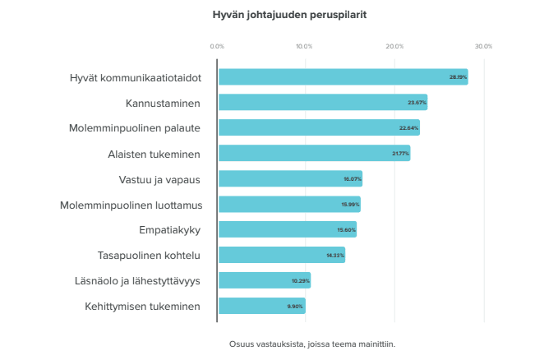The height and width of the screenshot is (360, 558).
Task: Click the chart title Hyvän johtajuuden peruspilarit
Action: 279,15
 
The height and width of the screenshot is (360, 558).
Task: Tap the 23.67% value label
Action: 417,103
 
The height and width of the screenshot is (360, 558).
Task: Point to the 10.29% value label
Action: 301,280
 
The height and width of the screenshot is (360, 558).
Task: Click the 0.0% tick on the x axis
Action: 217,47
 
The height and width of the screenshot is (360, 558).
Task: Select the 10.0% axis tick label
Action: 304,47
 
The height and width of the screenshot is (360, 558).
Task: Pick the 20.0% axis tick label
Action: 394,47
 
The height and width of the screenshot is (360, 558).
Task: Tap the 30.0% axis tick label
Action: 483,47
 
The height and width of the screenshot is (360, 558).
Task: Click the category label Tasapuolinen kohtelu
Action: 149,255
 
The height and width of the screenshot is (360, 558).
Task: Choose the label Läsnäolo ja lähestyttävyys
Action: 137,280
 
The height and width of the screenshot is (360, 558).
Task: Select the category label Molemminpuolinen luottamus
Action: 131,204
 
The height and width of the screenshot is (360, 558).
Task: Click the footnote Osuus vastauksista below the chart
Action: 312,344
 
